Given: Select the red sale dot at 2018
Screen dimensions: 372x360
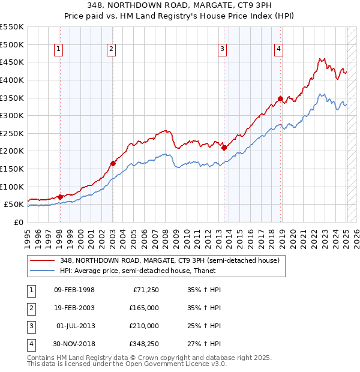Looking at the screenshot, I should (280, 98).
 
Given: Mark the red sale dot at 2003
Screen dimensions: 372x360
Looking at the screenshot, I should (113, 163).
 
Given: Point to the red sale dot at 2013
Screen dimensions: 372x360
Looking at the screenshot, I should (224, 148).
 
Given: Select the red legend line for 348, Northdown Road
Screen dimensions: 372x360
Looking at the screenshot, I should (43, 260).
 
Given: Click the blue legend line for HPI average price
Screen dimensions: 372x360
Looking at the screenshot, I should (43, 271).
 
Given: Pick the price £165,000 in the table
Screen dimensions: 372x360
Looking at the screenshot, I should (144, 308).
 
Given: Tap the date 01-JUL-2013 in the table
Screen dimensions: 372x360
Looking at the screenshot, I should (75, 326).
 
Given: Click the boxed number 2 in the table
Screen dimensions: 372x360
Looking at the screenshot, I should (31, 308).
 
